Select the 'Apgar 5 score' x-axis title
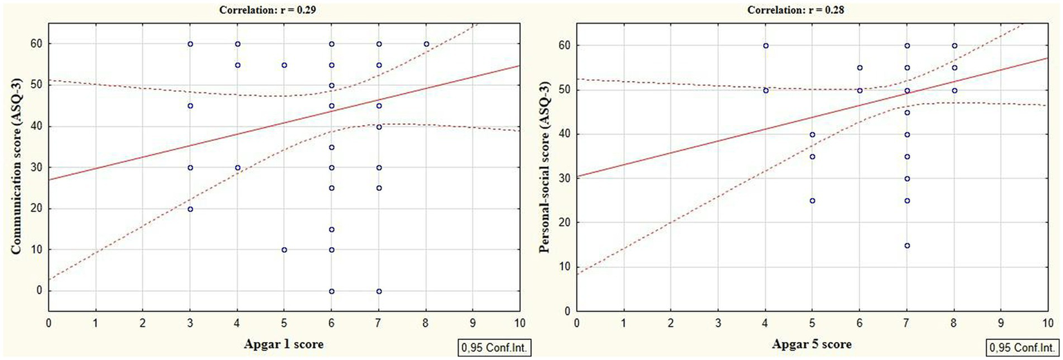[x=808, y=344]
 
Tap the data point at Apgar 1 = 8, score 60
[x=426, y=44]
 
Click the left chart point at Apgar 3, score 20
[x=190, y=209]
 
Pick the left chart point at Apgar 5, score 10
[x=285, y=250]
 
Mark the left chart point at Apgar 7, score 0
[x=379, y=291]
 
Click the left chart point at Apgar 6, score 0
[x=332, y=291]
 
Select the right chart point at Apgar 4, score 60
[x=765, y=46]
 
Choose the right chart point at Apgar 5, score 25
[x=812, y=201]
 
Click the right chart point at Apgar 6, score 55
[x=859, y=68]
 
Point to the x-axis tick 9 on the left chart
[x=473, y=323]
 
